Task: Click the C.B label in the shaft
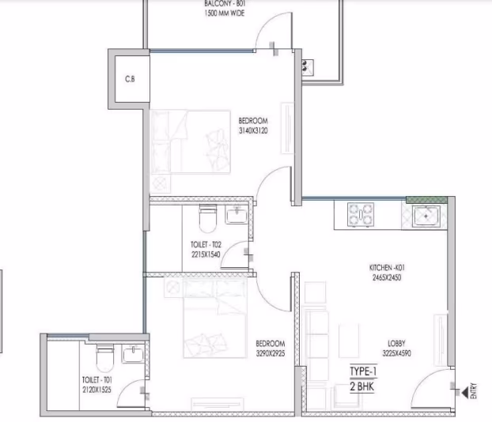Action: coord(130,79)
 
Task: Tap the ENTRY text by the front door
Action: coord(473,390)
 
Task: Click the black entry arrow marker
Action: coord(464,392)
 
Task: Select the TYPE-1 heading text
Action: coord(363,371)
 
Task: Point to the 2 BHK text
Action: coord(362,386)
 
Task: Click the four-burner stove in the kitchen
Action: coord(361,214)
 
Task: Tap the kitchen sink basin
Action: coord(426,217)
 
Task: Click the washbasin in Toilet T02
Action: coord(237,215)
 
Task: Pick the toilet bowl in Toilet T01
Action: coord(104,358)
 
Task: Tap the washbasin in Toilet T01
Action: coord(133,354)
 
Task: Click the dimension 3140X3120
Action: coord(253,130)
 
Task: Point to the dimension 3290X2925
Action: coord(271,353)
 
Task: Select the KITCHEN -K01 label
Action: coord(387,268)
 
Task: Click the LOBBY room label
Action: coord(396,343)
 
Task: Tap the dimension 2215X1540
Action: coord(206,254)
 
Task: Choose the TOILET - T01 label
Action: coord(97,380)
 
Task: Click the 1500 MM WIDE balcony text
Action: coord(225,13)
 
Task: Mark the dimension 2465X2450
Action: coord(387,277)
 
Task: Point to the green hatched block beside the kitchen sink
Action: coord(426,200)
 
